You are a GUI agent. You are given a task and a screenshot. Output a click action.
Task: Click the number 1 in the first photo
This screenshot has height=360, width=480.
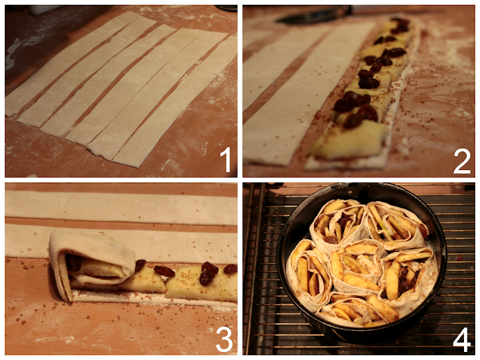226,159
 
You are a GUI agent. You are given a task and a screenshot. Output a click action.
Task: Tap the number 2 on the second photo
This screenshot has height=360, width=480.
462,161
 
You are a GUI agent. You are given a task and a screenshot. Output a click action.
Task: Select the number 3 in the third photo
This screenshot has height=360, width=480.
224,339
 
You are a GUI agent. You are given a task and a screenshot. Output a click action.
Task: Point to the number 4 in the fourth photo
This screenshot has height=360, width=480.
462,340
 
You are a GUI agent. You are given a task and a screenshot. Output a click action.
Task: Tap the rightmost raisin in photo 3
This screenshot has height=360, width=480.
230,269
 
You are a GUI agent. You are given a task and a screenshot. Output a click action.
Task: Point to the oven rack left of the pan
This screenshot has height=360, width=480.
260,269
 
